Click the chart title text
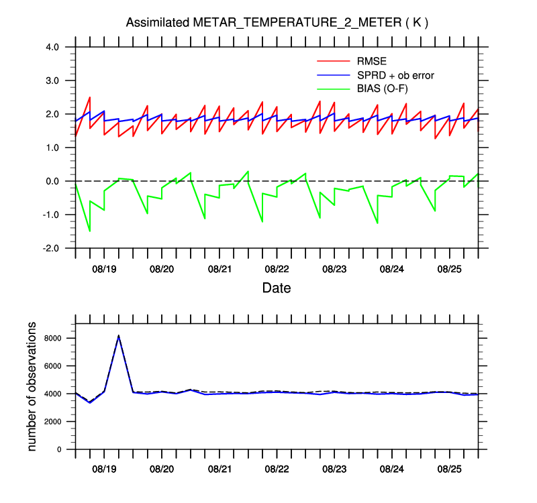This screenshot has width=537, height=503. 277,23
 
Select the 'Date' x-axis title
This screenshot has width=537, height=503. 277,288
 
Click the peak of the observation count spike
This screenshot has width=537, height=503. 119,335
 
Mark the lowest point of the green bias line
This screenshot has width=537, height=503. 90,231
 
